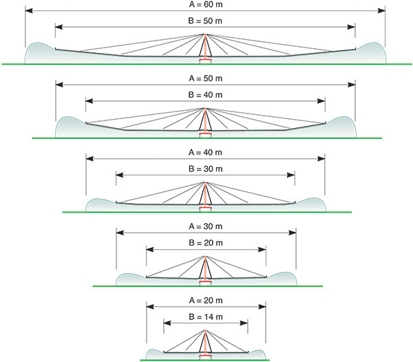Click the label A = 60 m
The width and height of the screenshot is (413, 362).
click(206, 5)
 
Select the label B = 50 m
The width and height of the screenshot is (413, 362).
click(205, 21)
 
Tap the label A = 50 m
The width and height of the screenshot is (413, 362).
click(205, 78)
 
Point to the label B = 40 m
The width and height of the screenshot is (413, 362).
click(205, 95)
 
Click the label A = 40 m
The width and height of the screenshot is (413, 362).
click(205, 152)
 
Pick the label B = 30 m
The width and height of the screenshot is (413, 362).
click(205, 169)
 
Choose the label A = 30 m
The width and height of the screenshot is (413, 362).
click(205, 226)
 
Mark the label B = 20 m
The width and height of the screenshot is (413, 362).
click(205, 243)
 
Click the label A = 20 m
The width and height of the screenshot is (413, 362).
click(206, 300)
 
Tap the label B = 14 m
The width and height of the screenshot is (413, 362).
click(205, 317)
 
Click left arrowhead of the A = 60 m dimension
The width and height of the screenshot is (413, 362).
click(29, 10)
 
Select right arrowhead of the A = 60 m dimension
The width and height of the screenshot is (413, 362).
click(381, 10)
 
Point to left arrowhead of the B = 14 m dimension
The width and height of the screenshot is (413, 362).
click(167, 323)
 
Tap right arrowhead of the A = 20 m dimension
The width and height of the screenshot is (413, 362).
click(262, 306)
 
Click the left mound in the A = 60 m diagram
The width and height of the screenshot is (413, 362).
click(39, 53)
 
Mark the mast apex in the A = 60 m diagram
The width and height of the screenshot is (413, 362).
click(205, 34)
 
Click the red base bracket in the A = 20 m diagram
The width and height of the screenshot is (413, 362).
click(205, 356)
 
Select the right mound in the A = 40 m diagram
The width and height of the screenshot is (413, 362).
click(311, 204)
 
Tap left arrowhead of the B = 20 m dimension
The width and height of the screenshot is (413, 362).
click(150, 249)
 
